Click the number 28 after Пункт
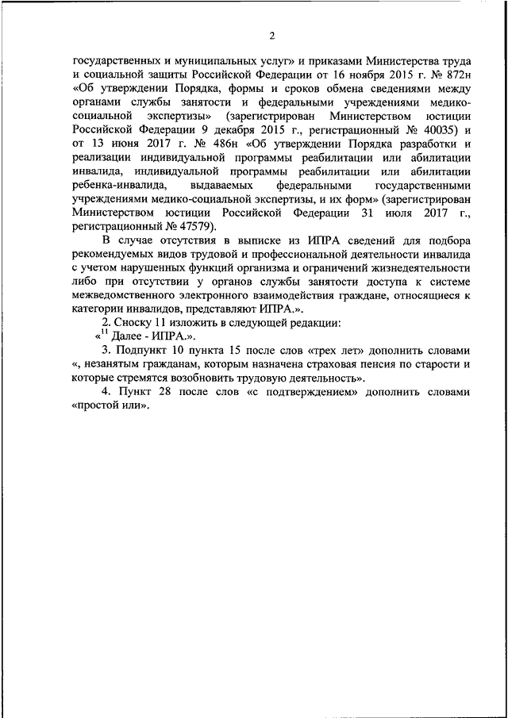(x=167, y=392)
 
